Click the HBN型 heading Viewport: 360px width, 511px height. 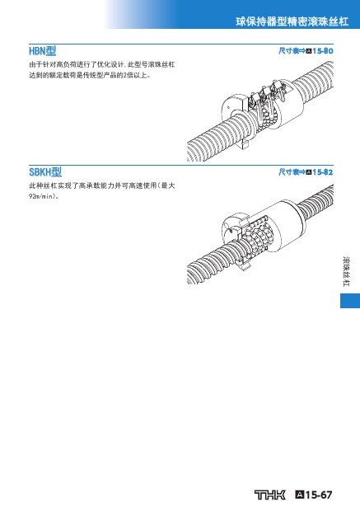[x=43, y=51]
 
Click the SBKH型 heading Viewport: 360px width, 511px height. [x=45, y=172]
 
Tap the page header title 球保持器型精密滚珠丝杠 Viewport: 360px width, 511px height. [x=292, y=21]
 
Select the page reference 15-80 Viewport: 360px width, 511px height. [x=323, y=51]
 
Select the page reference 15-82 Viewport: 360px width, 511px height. [x=323, y=171]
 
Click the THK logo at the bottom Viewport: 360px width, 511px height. [x=270, y=495]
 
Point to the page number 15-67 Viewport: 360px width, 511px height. [x=319, y=495]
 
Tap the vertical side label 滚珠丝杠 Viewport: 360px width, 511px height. [x=346, y=271]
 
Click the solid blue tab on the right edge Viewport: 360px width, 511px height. [x=350, y=301]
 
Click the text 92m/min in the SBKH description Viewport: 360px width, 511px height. [x=41, y=196]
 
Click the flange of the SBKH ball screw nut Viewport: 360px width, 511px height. [x=234, y=229]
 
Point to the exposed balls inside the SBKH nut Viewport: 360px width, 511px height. [x=257, y=234]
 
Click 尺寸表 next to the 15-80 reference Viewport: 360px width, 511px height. [x=288, y=51]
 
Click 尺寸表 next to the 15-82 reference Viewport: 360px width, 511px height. [x=288, y=171]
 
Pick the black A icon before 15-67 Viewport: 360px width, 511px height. [x=300, y=495]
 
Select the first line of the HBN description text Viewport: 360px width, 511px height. [x=102, y=64]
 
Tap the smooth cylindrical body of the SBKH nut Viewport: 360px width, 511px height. [x=287, y=225]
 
